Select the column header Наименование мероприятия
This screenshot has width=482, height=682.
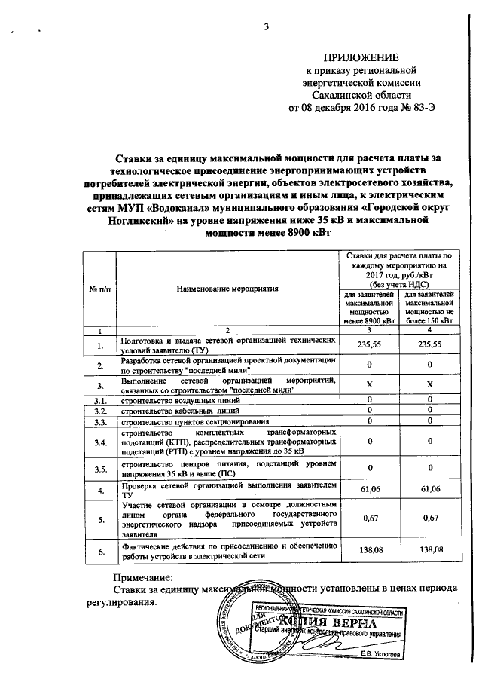(227, 288)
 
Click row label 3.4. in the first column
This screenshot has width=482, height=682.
(99, 442)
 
